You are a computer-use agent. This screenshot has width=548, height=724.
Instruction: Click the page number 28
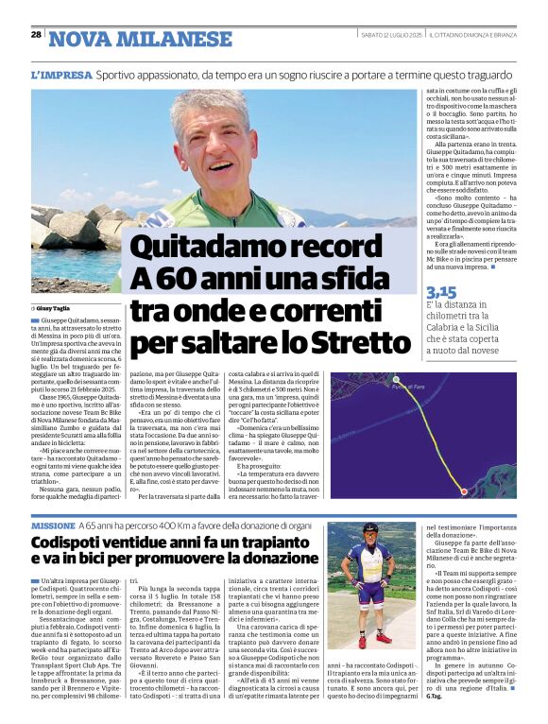[36, 34]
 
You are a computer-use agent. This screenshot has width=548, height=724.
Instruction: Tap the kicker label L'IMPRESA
[61, 74]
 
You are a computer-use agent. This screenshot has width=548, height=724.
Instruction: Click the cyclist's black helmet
[370, 528]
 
